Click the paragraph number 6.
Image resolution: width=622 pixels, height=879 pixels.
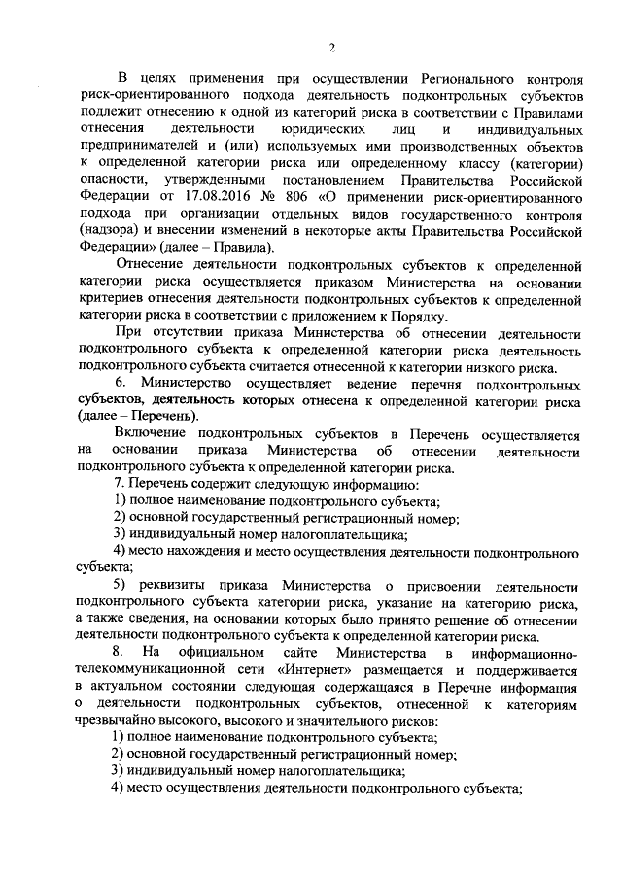pyautogui.click(x=120, y=386)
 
